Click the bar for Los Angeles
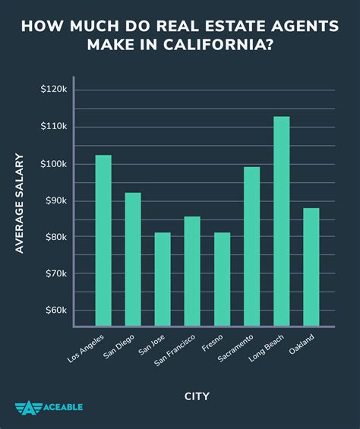pos(103,241)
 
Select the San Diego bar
pos(133,260)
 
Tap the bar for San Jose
pos(163,279)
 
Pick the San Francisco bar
pos(192,272)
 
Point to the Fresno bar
pos(222,279)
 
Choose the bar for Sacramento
pos(251,247)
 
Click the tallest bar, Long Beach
pos(281,222)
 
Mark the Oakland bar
pos(311,267)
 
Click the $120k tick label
pos(54,90)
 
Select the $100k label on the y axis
pos(54,164)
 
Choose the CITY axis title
pos(196,396)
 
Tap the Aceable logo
pos(49,407)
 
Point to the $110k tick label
pos(54,127)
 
